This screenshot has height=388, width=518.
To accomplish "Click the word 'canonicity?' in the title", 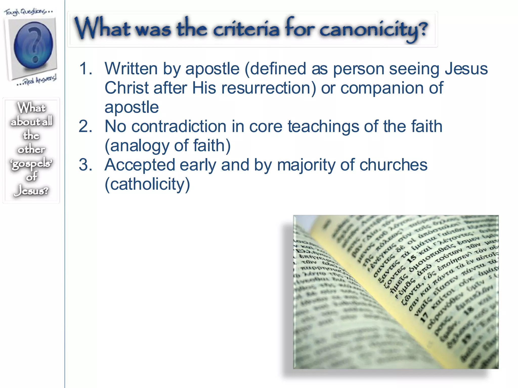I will pyautogui.click(x=373, y=30).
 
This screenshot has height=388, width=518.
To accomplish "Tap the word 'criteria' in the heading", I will pyautogui.click(x=246, y=29).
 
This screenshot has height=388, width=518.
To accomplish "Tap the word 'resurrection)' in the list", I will pyautogui.click(x=254, y=88).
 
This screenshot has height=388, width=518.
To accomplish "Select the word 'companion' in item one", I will pyautogui.click(x=382, y=88).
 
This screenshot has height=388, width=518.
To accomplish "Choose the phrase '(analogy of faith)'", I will pyautogui.click(x=167, y=146).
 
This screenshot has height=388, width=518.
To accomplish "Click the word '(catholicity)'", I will pyautogui.click(x=147, y=184).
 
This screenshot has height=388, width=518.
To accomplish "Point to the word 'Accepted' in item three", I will pyautogui.click(x=140, y=165).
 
